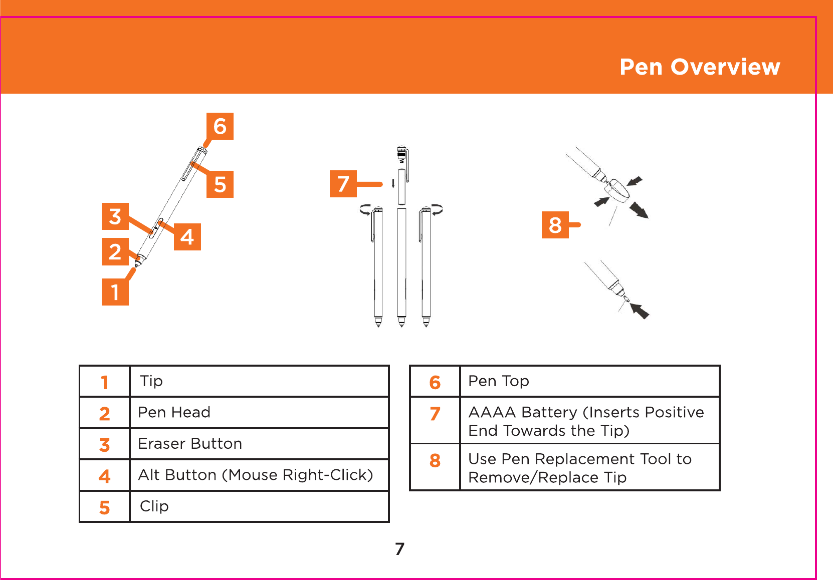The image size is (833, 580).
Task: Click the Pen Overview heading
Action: (700, 67)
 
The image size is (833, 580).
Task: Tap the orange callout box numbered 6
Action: (220, 126)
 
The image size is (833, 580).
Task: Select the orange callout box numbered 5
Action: (220, 184)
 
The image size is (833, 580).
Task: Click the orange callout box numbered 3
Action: (115, 216)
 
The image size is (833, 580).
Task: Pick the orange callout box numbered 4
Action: (187, 237)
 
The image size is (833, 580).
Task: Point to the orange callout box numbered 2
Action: (115, 251)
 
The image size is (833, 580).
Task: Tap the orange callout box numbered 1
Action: (115, 292)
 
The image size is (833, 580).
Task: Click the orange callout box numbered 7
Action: (343, 183)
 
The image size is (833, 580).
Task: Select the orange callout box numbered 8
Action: (555, 225)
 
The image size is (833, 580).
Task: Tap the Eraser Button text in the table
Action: (190, 444)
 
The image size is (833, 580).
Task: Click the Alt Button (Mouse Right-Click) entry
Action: (256, 475)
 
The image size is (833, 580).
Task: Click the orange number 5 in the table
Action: (104, 507)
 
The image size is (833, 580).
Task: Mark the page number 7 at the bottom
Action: (400, 549)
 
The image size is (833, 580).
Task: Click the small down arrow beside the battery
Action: (393, 183)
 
